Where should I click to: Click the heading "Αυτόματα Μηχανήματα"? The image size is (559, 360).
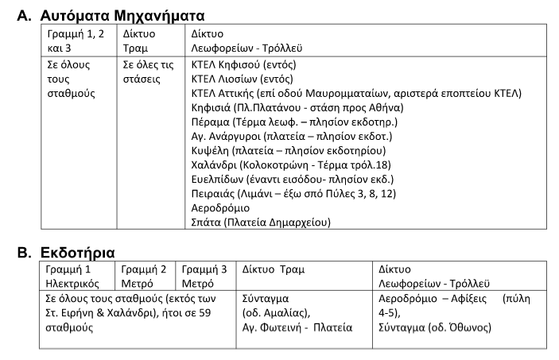coord(122,15)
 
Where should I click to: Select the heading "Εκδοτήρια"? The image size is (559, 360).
coord(78,253)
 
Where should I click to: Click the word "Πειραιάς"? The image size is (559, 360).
coord(214,193)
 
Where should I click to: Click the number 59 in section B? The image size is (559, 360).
coord(205,313)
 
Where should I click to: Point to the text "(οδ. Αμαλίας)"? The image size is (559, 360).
coord(276,313)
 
